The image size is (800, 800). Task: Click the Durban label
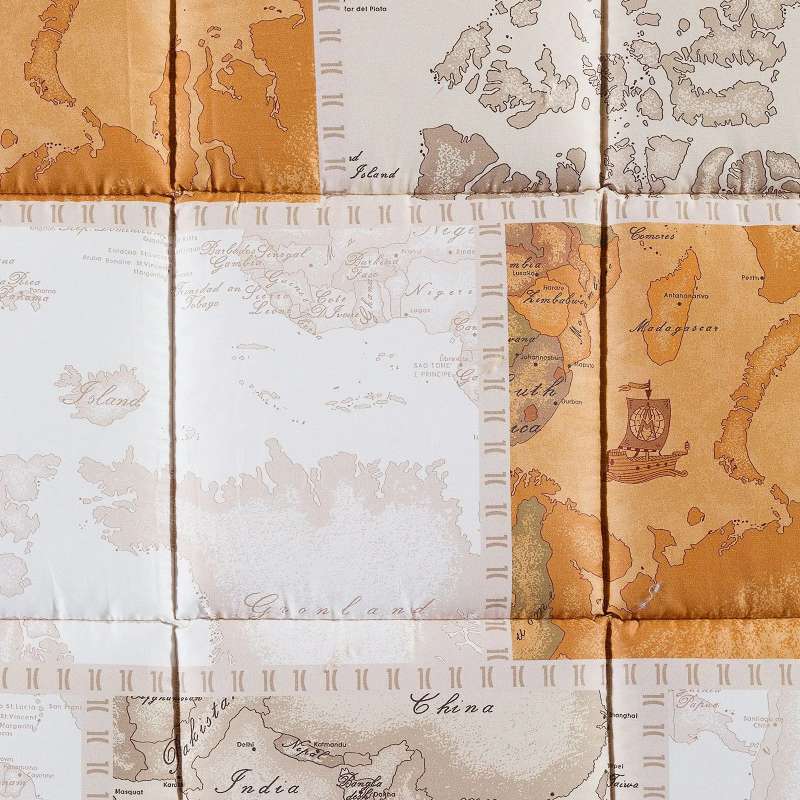569,401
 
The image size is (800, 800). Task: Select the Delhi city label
244,744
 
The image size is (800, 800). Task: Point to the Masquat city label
127,791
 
